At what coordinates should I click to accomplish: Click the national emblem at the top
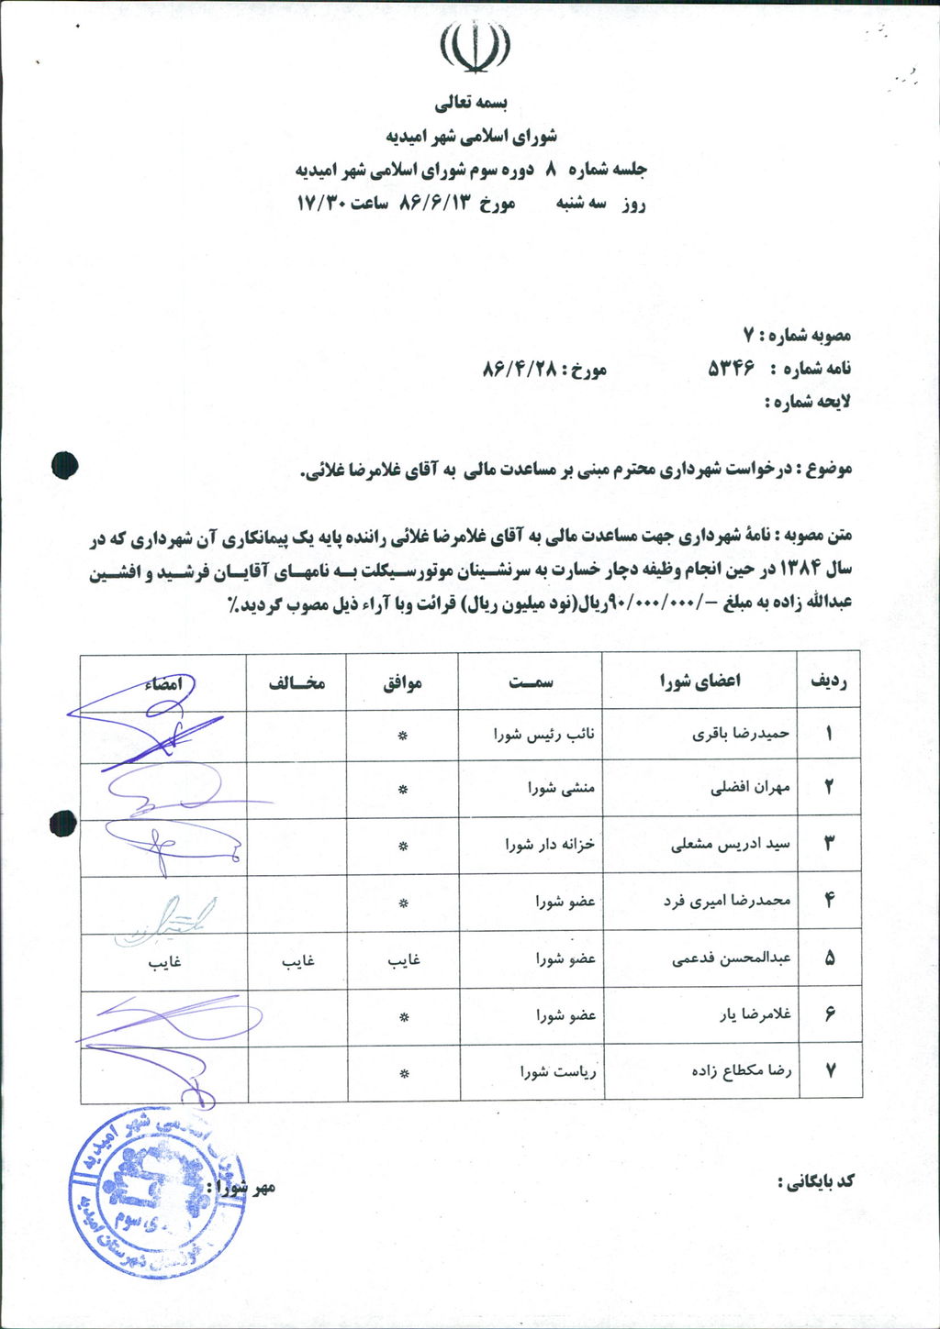point(475,47)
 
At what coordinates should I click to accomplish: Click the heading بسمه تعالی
point(471,101)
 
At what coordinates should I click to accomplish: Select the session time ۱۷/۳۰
point(320,204)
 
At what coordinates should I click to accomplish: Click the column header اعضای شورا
point(699,681)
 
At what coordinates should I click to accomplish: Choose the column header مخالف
point(296,682)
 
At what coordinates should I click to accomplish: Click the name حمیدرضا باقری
point(741,734)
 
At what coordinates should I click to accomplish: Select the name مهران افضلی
point(750,787)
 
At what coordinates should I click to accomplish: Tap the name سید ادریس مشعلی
point(730,844)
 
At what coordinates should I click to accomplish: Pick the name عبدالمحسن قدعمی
point(731,958)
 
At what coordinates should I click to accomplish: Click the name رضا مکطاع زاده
point(742,1070)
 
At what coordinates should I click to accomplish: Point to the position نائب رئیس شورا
point(544,734)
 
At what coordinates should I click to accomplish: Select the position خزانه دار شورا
point(550,844)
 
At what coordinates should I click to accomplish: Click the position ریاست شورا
point(558,1070)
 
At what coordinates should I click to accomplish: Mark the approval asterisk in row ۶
point(402,1016)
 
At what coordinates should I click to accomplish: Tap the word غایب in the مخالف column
point(297,959)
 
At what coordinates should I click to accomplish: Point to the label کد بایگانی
point(816,1181)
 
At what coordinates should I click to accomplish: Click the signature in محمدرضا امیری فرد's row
point(165,919)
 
